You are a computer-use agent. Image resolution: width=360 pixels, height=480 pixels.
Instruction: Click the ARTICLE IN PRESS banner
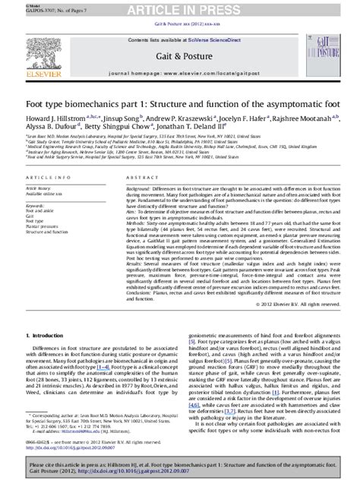tap(179, 8)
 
